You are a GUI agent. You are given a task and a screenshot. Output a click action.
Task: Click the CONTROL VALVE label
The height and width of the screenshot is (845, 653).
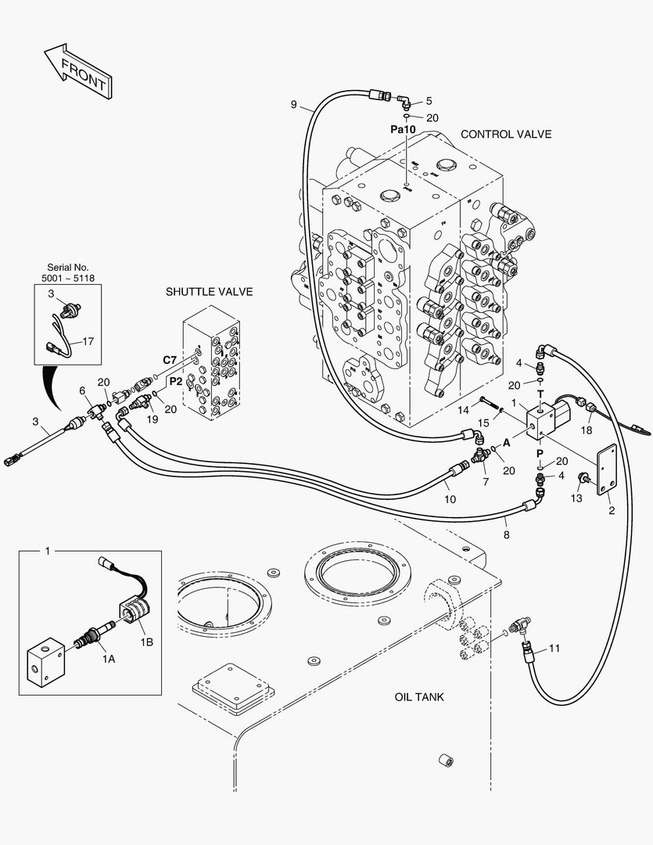point(506,135)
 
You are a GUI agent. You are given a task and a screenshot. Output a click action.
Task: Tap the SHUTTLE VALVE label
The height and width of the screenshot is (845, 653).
point(209,292)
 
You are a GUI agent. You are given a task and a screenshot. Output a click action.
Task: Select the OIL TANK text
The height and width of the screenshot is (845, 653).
point(419,697)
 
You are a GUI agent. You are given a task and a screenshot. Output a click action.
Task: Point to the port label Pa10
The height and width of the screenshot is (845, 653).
point(403,129)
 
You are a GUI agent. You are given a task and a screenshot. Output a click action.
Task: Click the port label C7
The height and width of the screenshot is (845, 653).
point(170,360)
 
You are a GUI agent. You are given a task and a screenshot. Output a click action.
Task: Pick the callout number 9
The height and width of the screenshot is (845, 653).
point(293,104)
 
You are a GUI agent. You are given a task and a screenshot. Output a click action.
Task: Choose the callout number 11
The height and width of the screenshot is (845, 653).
point(554,649)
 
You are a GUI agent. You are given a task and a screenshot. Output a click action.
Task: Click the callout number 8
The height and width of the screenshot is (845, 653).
point(506,535)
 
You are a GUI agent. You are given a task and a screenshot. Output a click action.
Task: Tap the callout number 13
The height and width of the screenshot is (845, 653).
point(576,498)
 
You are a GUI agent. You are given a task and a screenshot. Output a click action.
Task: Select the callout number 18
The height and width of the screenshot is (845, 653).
point(587,430)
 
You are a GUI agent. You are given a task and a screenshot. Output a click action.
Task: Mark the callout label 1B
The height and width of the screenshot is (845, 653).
point(146,642)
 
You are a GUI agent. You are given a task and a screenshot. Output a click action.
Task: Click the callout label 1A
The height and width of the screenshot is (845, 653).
point(109,659)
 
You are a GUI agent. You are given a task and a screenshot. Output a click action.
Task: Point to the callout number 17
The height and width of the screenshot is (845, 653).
point(88,341)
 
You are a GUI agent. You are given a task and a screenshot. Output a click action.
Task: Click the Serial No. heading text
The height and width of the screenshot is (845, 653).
point(68,268)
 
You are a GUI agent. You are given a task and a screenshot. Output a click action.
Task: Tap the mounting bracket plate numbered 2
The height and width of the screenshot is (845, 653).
point(607,469)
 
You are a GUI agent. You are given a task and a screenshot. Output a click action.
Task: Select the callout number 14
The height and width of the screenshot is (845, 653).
point(463,410)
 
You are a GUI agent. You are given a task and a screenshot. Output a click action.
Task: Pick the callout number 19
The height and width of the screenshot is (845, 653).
point(152,419)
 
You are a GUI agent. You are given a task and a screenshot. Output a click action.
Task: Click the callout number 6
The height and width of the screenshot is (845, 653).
point(82,390)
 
